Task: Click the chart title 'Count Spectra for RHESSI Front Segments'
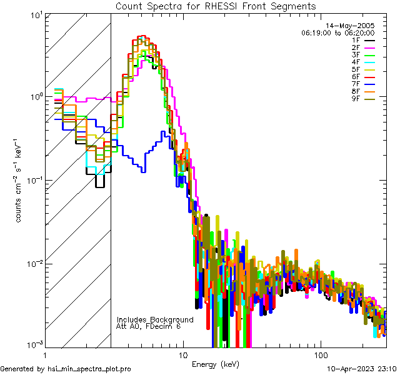[x=216, y=6]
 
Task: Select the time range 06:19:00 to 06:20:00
[x=337, y=32]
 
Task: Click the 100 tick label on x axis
[x=320, y=354]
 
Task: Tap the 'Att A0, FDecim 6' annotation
[x=149, y=326]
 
